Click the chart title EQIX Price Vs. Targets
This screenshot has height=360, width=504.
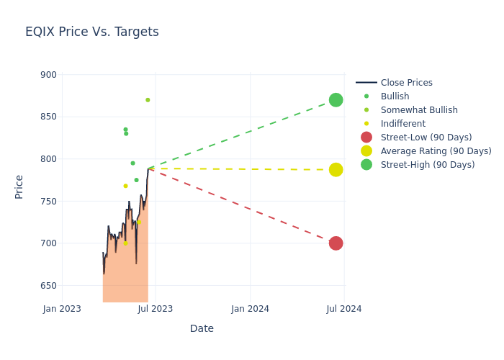pyautogui.click(x=92, y=32)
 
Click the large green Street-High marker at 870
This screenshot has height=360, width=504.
pyautogui.click(x=336, y=100)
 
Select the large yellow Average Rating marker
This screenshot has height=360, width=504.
pyautogui.click(x=336, y=170)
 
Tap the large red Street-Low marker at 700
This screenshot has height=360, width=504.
pyautogui.click(x=336, y=243)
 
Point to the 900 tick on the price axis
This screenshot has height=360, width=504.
pyautogui.click(x=49, y=75)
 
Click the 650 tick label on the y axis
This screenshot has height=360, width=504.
pyautogui.click(x=49, y=286)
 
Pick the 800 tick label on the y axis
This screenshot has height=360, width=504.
pyautogui.click(x=49, y=159)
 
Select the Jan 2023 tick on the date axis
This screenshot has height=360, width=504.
pyautogui.click(x=62, y=309)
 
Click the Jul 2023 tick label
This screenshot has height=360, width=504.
pyautogui.click(x=156, y=309)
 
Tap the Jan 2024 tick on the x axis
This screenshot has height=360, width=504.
pyautogui.click(x=251, y=309)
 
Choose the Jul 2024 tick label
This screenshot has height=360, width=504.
pyautogui.click(x=344, y=309)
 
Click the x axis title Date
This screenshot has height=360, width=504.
pyautogui.click(x=202, y=329)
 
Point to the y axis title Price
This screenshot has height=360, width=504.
pyautogui.click(x=19, y=186)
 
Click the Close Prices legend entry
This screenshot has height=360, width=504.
pyautogui.click(x=406, y=83)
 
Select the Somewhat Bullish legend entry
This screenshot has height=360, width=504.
pyautogui.click(x=419, y=110)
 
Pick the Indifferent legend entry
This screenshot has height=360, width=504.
pyautogui.click(x=405, y=124)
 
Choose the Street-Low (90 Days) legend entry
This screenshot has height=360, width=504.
pyautogui.click(x=426, y=138)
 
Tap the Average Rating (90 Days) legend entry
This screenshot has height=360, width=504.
pyautogui.click(x=436, y=151)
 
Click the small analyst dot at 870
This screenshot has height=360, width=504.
pyautogui.click(x=148, y=100)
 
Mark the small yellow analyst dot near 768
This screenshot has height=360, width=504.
pyautogui.click(x=125, y=186)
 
